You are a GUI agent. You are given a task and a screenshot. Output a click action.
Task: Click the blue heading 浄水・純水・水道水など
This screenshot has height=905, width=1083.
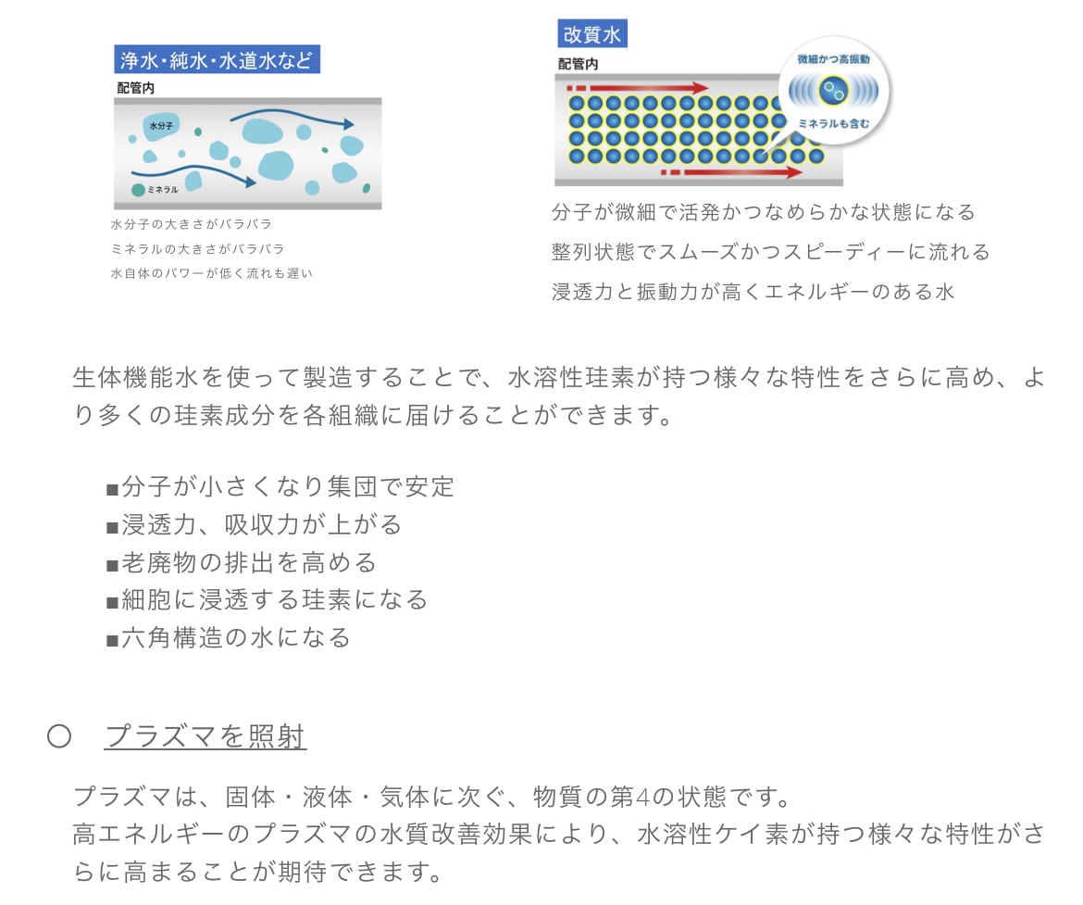(x=217, y=60)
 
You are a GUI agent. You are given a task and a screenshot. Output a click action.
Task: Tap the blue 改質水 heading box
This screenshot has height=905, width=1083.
(x=592, y=35)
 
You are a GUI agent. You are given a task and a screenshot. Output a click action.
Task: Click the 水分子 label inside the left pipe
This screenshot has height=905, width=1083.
(x=160, y=125)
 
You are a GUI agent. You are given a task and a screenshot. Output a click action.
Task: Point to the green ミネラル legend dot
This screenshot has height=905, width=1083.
(x=138, y=190)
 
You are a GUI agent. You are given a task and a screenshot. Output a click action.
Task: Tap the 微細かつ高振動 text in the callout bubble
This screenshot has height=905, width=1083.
(x=833, y=59)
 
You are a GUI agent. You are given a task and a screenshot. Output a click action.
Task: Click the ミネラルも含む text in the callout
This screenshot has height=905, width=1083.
(x=833, y=122)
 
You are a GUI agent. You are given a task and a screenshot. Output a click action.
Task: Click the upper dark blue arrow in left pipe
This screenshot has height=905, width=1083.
(x=292, y=119)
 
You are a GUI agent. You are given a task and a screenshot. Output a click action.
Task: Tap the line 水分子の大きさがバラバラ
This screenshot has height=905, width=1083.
(x=191, y=224)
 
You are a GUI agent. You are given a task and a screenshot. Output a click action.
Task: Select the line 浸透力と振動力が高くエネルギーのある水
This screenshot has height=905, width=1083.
(x=753, y=292)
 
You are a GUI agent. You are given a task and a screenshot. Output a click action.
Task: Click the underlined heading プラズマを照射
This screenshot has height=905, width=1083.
(x=205, y=736)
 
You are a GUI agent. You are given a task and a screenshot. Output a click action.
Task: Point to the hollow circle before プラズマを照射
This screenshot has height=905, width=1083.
(x=59, y=736)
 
